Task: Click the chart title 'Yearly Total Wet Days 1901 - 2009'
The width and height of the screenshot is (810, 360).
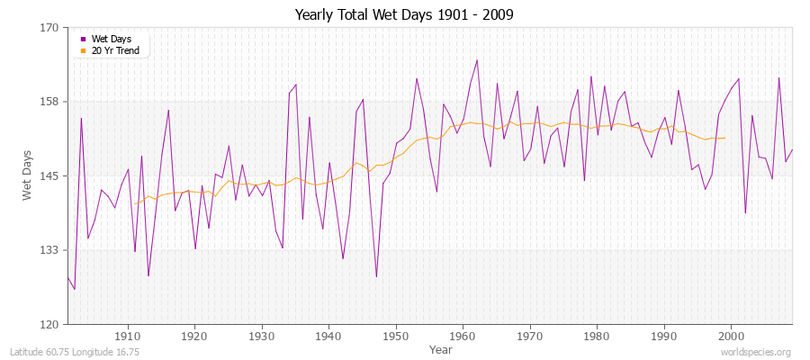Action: point(404,15)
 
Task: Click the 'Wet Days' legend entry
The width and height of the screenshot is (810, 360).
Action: point(111,39)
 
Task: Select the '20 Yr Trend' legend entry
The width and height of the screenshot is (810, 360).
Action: point(115,50)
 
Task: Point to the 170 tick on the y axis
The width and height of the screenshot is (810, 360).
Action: point(50,28)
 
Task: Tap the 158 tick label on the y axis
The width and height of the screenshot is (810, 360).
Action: point(50,102)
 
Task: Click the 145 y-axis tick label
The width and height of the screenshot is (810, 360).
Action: point(50,175)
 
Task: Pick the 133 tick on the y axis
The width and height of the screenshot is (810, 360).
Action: point(50,250)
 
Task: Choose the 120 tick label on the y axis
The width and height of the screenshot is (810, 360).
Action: point(50,324)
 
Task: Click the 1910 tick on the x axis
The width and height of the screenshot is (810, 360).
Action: point(128,336)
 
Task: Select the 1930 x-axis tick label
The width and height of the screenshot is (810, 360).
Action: point(262,336)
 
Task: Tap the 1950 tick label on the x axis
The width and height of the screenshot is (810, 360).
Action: point(395,336)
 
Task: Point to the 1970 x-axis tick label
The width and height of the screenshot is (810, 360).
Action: point(529,336)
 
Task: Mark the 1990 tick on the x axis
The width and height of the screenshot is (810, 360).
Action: point(663,336)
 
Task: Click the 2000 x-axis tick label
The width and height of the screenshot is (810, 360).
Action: point(730,336)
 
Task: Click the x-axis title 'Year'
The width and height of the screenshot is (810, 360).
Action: point(441,348)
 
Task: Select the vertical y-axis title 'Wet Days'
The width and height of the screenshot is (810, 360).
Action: point(28,175)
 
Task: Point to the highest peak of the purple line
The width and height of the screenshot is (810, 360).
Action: point(477,60)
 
